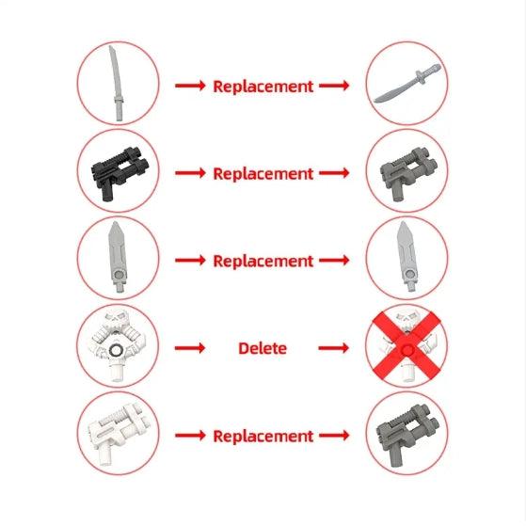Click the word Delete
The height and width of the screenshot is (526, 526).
263,348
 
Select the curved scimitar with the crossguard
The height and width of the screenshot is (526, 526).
406,83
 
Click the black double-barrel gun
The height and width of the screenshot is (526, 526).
120,172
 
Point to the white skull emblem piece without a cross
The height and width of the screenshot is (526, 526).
118,345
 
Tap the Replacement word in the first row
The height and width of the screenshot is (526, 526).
263,87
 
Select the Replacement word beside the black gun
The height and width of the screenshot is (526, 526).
263,174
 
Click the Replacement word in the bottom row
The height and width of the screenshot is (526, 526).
263,436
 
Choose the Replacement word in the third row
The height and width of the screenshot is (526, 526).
263,261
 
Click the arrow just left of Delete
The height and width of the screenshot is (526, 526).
190,348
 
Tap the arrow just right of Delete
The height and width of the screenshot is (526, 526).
334,348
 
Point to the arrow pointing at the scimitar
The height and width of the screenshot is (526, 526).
334,86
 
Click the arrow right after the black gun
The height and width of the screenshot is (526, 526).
190,173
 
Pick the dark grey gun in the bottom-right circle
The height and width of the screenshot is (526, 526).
407,434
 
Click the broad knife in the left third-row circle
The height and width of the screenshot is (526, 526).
117,257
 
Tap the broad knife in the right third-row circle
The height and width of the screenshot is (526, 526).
406,257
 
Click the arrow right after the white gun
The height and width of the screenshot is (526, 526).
190,436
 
